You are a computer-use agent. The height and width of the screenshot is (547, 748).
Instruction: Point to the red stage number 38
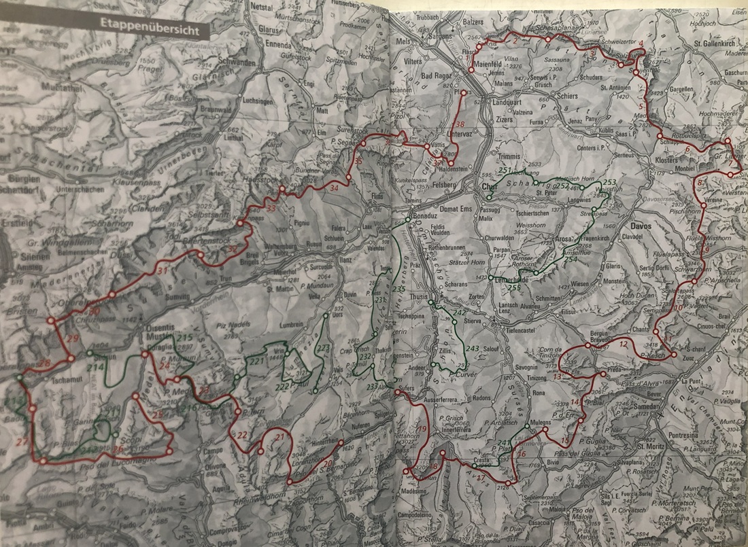(460, 124)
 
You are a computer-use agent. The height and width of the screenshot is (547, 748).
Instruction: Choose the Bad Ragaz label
(439, 75)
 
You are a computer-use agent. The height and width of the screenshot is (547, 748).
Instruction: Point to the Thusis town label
(418, 297)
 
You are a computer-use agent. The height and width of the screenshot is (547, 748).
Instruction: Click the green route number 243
(473, 349)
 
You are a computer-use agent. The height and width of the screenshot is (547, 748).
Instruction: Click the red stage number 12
(624, 344)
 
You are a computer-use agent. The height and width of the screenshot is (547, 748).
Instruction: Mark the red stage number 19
(423, 428)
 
